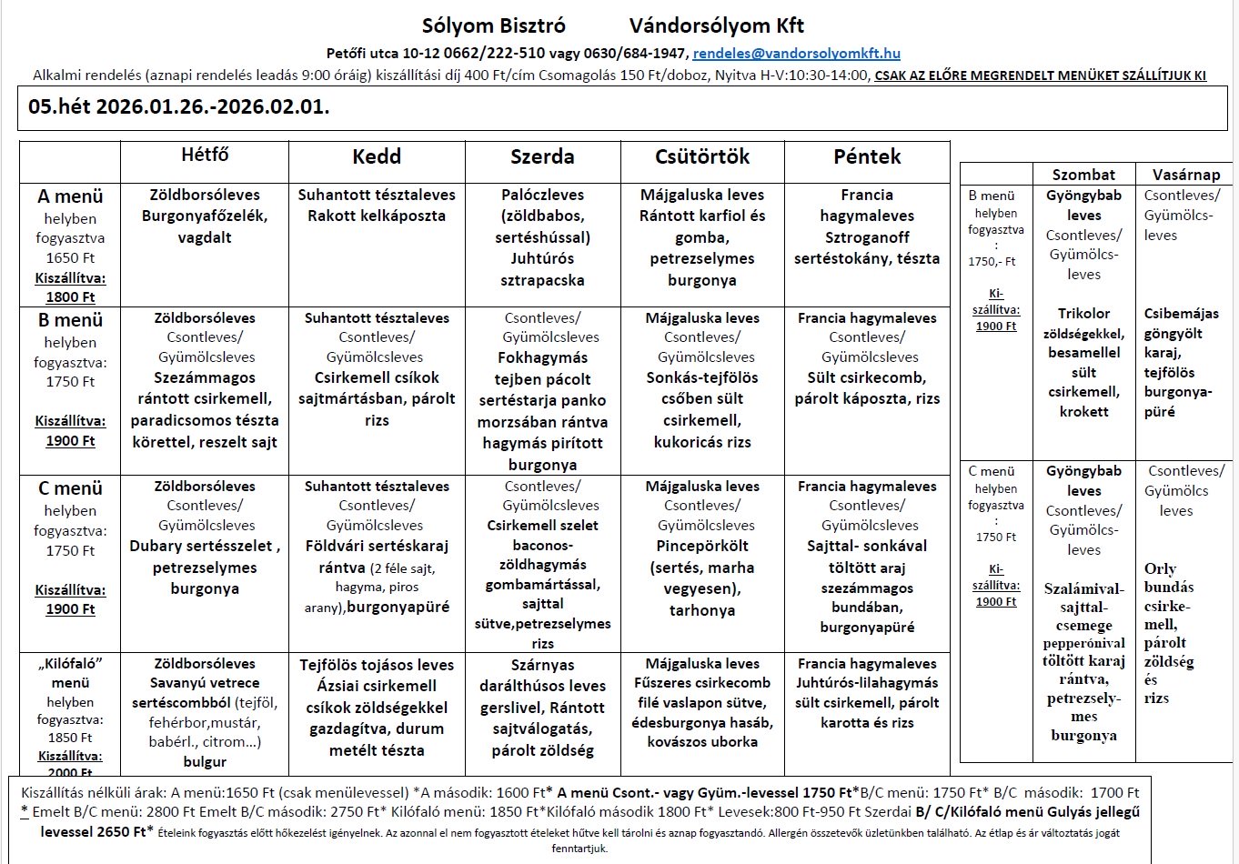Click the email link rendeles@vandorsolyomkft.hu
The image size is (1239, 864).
click(797, 54)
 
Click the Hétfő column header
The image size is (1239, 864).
click(205, 156)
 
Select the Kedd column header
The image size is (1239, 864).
click(377, 156)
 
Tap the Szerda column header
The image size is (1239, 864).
click(542, 156)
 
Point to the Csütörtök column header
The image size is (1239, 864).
click(702, 156)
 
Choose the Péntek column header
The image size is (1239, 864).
click(867, 156)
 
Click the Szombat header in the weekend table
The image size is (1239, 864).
click(1083, 175)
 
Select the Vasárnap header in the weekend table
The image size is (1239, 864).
click(1186, 175)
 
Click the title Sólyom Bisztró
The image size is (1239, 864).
click(494, 25)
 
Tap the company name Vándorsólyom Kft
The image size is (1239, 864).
click(717, 25)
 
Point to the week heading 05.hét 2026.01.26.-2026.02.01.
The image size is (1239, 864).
click(179, 106)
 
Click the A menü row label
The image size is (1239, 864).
click(70, 196)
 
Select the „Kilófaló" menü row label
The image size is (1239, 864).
click(70, 673)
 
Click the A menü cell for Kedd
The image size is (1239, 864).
click(377, 206)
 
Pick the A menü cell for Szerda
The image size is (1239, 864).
click(542, 237)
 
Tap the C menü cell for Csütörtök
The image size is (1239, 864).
click(702, 548)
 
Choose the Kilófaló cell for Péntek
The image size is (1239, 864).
click(867, 693)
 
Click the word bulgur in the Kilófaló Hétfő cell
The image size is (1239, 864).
click(205, 761)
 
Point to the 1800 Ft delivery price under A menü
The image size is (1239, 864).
click(70, 296)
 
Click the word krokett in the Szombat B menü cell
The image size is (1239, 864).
click(1083, 411)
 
